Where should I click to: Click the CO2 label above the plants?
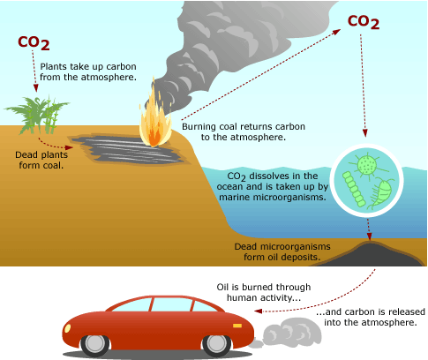tap(34, 43)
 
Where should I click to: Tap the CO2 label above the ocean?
tap(364, 22)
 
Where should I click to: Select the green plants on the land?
tap(38, 116)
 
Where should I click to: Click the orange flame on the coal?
tap(155, 116)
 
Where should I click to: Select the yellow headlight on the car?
tap(67, 328)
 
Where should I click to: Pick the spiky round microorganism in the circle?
tap(367, 166)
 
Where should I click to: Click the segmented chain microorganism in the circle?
tap(354, 189)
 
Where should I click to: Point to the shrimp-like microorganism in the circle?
tap(381, 192)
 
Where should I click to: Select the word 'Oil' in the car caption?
tap(222, 287)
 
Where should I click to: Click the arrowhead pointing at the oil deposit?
tap(370, 236)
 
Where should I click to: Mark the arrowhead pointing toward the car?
tap(258, 311)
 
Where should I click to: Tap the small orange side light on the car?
tap(237, 326)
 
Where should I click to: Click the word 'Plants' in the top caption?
tap(54, 66)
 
